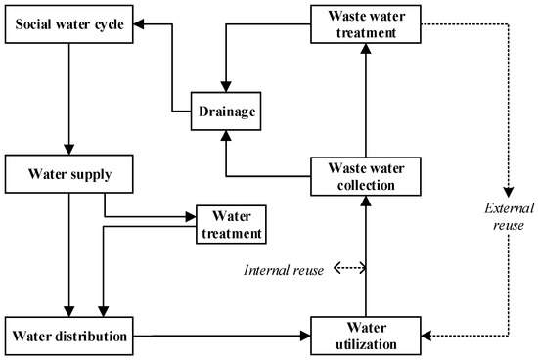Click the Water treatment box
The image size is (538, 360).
(x=232, y=222)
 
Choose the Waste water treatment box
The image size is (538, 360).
(x=364, y=23)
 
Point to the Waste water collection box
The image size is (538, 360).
(x=364, y=175)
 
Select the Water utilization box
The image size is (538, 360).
(x=364, y=337)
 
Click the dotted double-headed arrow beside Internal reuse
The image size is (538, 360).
(x=349, y=267)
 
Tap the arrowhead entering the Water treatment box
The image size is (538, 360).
(x=191, y=216)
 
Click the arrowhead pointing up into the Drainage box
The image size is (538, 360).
(x=226, y=136)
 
